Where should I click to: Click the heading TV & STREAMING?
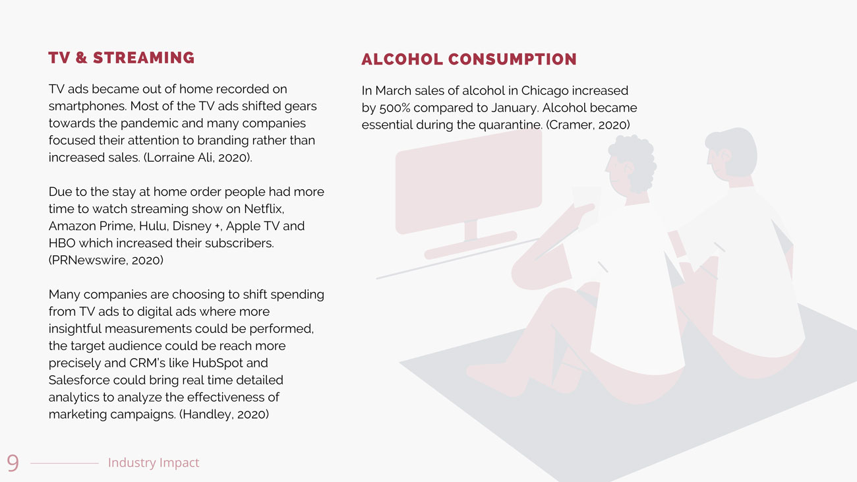pyautogui.click(x=121, y=58)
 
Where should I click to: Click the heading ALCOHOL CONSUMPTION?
pyautogui.click(x=469, y=59)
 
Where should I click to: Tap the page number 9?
pyautogui.click(x=13, y=463)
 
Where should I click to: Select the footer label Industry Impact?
pyautogui.click(x=154, y=462)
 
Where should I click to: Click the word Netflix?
pyautogui.click(x=264, y=209)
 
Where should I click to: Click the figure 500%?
pyautogui.click(x=394, y=108)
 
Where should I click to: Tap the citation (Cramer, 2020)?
pyautogui.click(x=587, y=125)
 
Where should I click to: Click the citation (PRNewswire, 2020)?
pyautogui.click(x=106, y=260)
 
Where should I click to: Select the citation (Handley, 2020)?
pyautogui.click(x=224, y=414)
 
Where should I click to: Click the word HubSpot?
pyautogui.click(x=218, y=363)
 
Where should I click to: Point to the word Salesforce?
pyautogui.click(x=79, y=380)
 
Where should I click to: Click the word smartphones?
pyautogui.click(x=88, y=106)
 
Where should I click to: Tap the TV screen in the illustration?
pyautogui.click(x=469, y=182)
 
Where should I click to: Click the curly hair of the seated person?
pyautogui.click(x=633, y=161)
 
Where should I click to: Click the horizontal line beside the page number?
pyautogui.click(x=65, y=464)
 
